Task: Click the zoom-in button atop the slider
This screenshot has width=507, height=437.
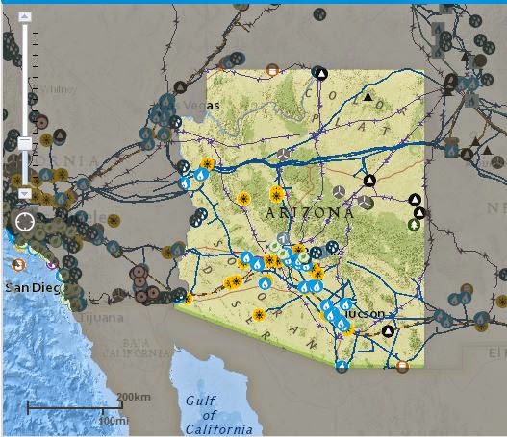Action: [25, 17]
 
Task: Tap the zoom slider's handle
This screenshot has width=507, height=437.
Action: [25, 143]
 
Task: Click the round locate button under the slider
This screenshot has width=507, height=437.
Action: [25, 222]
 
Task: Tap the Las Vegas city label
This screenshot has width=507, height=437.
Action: [191, 105]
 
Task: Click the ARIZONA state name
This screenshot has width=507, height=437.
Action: [309, 211]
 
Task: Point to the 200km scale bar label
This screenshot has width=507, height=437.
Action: [133, 396]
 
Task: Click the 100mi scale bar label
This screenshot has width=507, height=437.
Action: [114, 420]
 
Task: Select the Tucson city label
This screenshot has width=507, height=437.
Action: [367, 314]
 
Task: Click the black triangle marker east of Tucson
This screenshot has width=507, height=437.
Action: [388, 331]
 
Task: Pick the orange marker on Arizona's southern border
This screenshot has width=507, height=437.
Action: [402, 365]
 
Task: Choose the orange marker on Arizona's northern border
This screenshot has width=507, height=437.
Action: [272, 69]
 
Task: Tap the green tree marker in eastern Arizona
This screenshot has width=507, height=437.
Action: [415, 224]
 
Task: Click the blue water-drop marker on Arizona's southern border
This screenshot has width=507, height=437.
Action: [342, 366]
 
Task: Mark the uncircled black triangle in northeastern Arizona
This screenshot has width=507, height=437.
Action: [368, 96]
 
